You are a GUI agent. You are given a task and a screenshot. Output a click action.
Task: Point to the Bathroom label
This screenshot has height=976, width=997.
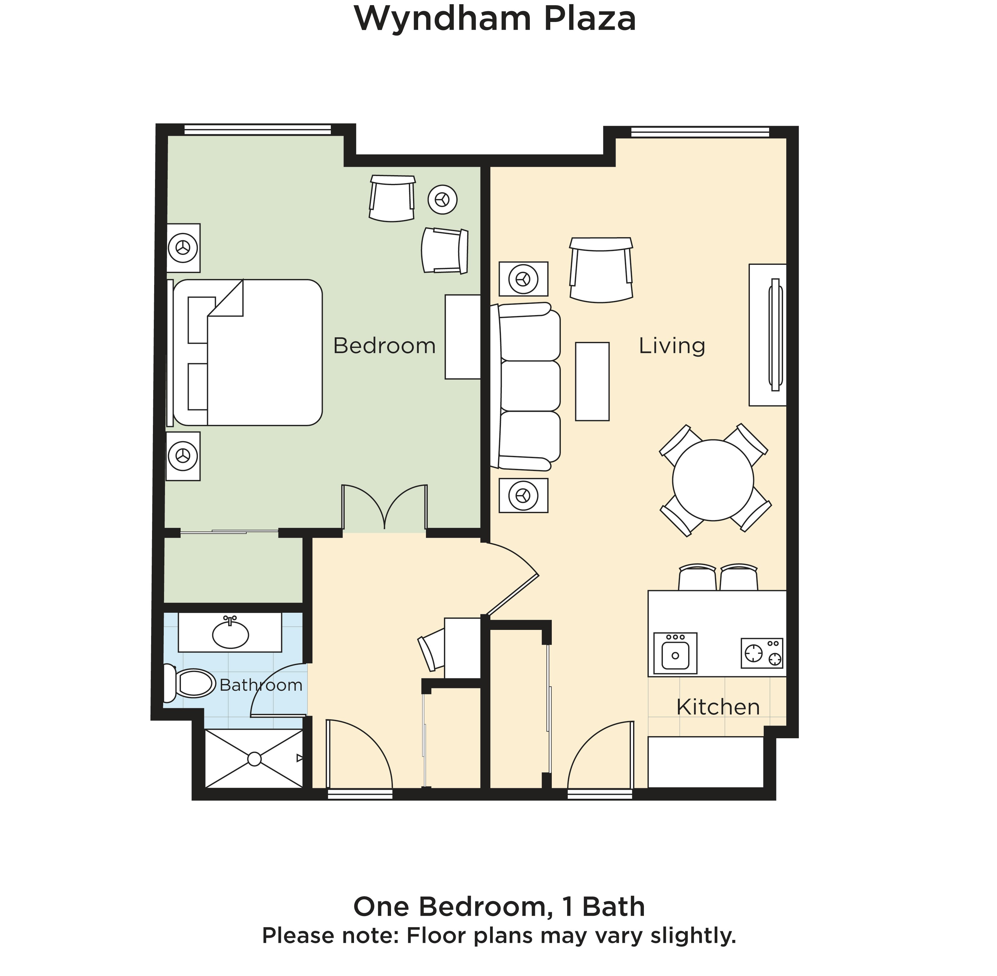coord(261,685)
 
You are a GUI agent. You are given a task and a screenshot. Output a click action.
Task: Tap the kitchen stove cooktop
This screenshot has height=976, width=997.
coord(762,653)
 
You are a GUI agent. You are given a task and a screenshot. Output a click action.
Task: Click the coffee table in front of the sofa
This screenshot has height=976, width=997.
coord(592,381)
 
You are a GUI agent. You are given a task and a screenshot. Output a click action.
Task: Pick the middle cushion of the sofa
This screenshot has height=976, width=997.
coord(530,386)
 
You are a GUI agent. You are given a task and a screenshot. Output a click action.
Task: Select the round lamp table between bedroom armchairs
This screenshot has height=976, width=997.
coord(443,199)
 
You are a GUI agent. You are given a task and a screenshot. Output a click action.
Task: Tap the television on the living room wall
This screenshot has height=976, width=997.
coord(775,335)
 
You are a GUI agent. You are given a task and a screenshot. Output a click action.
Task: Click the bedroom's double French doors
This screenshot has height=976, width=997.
coord(384,507)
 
